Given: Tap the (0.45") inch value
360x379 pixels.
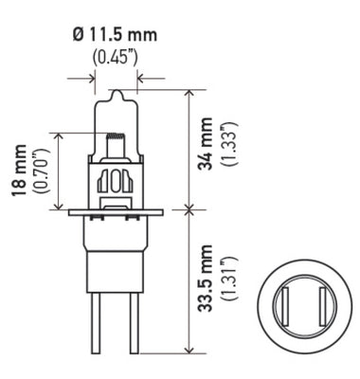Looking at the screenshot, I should [116, 55].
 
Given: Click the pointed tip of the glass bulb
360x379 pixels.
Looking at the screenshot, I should [116, 93].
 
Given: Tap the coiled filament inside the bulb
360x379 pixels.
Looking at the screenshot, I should [116, 141].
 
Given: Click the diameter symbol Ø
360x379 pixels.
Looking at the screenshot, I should [77, 36].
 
